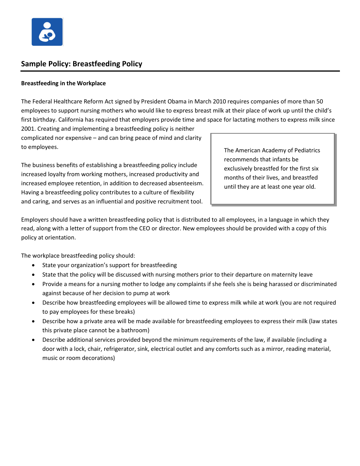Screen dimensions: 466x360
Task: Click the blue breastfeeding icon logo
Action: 47,32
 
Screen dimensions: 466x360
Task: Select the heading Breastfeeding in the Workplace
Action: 63,83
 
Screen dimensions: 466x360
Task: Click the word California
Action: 72,120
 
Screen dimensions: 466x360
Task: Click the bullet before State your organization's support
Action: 34,265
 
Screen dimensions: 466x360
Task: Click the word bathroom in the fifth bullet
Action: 136,330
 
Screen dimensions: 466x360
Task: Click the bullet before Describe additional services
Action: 34,339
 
